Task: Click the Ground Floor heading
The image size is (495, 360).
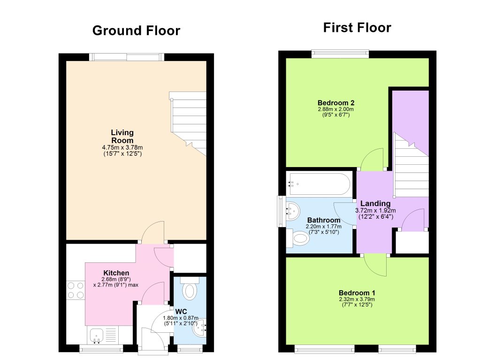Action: (x=136, y=31)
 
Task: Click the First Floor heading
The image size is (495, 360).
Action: (x=357, y=28)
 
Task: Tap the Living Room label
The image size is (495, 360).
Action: (x=122, y=137)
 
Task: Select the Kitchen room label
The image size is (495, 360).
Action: (x=116, y=273)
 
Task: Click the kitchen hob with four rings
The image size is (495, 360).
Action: (x=75, y=290)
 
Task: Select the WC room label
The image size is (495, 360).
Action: (x=182, y=311)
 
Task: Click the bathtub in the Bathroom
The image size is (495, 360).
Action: (x=319, y=184)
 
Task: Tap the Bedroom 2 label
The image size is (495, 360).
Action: (x=335, y=103)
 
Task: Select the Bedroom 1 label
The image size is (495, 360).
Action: (x=357, y=293)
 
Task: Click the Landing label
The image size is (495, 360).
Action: (x=375, y=203)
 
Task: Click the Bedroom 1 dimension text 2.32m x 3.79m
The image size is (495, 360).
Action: (x=357, y=299)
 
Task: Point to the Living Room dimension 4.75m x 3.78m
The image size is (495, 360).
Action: (x=122, y=147)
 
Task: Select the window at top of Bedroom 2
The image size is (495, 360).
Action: (x=340, y=54)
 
